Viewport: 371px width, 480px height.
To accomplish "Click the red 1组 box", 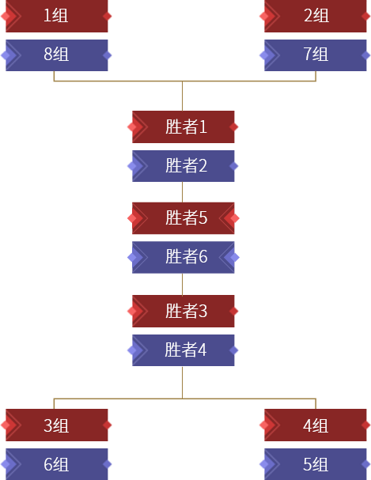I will click(x=55, y=15).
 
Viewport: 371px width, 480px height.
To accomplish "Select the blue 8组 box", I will click(x=55, y=55).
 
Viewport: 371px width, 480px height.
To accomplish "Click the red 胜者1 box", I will click(x=183, y=127).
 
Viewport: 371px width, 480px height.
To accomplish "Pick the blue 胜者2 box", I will click(x=183, y=166).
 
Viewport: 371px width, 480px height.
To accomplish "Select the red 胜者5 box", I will click(x=183, y=218).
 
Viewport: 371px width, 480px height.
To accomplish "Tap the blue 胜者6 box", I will click(x=183, y=257).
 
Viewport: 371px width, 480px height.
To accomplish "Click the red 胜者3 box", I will click(x=183, y=311).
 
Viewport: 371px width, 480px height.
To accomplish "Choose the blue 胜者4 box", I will click(x=183, y=350).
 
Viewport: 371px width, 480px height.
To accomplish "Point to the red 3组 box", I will click(x=55, y=425).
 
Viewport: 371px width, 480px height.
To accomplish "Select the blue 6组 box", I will click(x=55, y=464).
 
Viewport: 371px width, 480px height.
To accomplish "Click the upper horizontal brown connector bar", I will click(x=184, y=76).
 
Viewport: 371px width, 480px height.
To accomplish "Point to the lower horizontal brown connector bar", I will click(x=184, y=403).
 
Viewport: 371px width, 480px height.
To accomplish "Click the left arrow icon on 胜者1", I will click(x=135, y=127).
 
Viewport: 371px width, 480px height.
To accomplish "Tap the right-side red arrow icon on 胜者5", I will click(x=236, y=218).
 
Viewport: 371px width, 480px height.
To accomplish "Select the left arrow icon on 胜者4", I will click(x=135, y=350).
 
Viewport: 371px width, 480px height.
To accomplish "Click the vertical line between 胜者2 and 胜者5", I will click(x=182, y=191).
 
